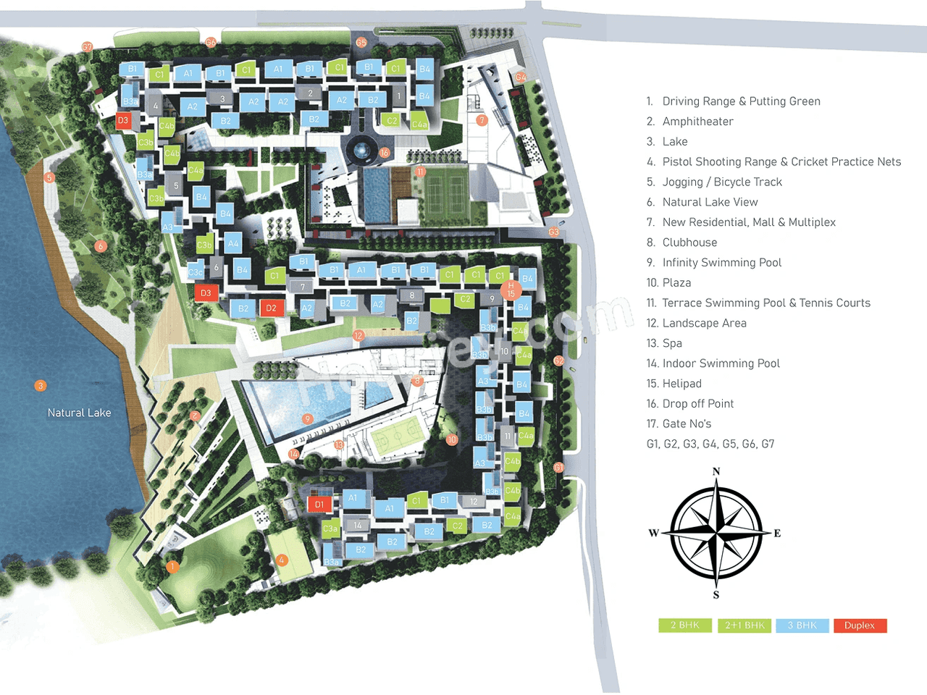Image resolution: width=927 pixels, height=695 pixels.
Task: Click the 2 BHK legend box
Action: [x=684, y=625]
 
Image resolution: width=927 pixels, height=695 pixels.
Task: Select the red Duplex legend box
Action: [x=860, y=625]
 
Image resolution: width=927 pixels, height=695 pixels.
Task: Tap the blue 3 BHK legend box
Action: [x=802, y=625]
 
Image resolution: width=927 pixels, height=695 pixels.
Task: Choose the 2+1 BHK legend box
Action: [x=744, y=625]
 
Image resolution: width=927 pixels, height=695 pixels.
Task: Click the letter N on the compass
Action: [x=716, y=472]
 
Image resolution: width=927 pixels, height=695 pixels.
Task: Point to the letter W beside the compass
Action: [x=653, y=534]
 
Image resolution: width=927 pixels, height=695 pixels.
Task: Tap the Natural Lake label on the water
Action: [x=79, y=413]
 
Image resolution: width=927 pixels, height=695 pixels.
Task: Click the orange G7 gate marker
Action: [x=87, y=47]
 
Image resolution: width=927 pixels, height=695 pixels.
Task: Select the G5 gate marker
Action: [x=361, y=43]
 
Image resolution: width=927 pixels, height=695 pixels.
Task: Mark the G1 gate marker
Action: [x=558, y=468]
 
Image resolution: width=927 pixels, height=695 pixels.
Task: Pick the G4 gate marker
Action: [x=521, y=77]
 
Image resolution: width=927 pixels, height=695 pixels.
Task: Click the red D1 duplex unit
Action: [x=319, y=504]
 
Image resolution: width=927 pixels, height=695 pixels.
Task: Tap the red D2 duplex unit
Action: [x=271, y=308]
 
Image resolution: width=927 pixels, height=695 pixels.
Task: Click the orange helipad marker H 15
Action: [x=511, y=290]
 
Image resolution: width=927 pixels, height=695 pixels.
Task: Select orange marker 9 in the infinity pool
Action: [x=308, y=419]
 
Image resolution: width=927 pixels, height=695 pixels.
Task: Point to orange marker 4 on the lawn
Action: [x=282, y=560]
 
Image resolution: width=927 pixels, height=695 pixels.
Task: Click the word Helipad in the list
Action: [x=681, y=384]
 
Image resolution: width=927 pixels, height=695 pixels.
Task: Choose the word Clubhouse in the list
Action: [x=689, y=243]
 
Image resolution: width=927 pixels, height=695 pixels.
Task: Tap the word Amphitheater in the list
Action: [x=697, y=122]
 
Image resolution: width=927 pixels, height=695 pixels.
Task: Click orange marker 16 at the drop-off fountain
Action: [x=385, y=153]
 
